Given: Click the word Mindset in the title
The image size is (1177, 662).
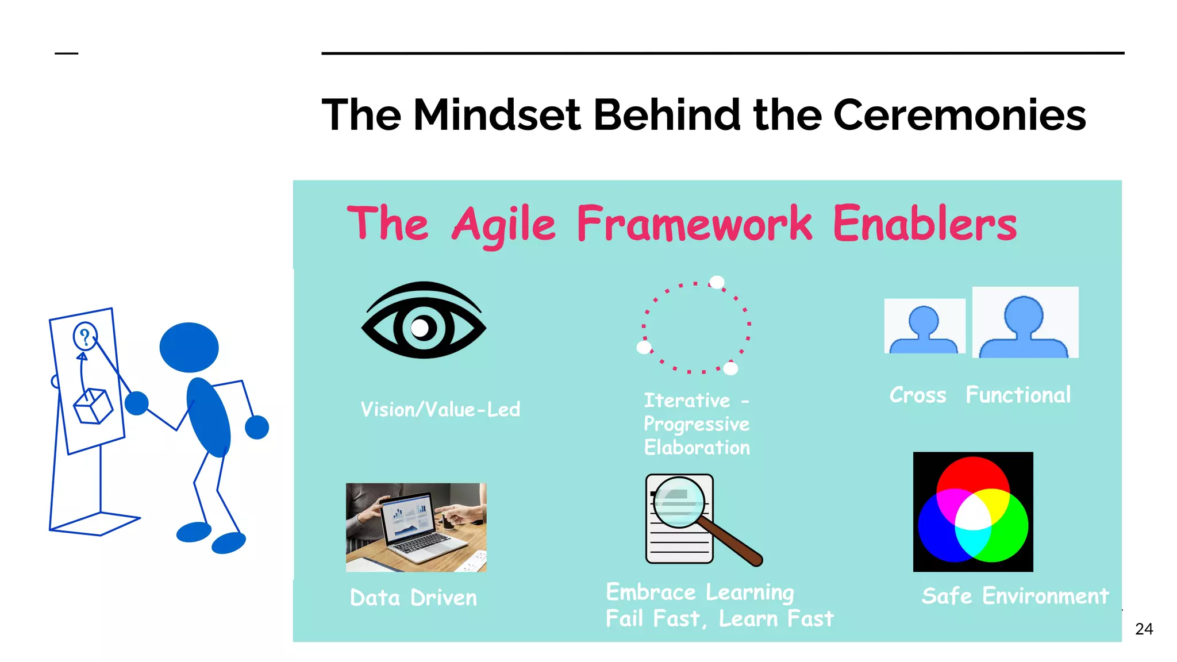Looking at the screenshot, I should pyautogui.click(x=497, y=115).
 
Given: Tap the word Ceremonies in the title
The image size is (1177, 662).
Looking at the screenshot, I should pyautogui.click(x=959, y=115).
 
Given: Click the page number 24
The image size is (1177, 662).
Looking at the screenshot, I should pyautogui.click(x=1144, y=629).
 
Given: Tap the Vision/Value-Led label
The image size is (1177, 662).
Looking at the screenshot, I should pyautogui.click(x=440, y=409).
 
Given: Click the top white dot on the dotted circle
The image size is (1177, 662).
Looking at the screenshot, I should pyautogui.click(x=717, y=282).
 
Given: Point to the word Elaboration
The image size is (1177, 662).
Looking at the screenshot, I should pyautogui.click(x=697, y=448).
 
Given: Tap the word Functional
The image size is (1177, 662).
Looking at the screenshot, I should pyautogui.click(x=1018, y=395).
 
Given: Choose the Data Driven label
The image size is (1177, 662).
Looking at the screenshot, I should pyautogui.click(x=413, y=598).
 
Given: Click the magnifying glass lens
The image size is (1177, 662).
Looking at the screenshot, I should pyautogui.click(x=679, y=502).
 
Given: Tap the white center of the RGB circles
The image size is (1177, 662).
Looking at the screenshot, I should pyautogui.click(x=972, y=513).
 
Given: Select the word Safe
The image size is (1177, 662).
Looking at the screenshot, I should pyautogui.click(x=946, y=596).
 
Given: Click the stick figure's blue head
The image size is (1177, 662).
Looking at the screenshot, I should pyautogui.click(x=189, y=347).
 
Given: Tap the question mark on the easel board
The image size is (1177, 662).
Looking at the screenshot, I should pyautogui.click(x=85, y=337).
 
